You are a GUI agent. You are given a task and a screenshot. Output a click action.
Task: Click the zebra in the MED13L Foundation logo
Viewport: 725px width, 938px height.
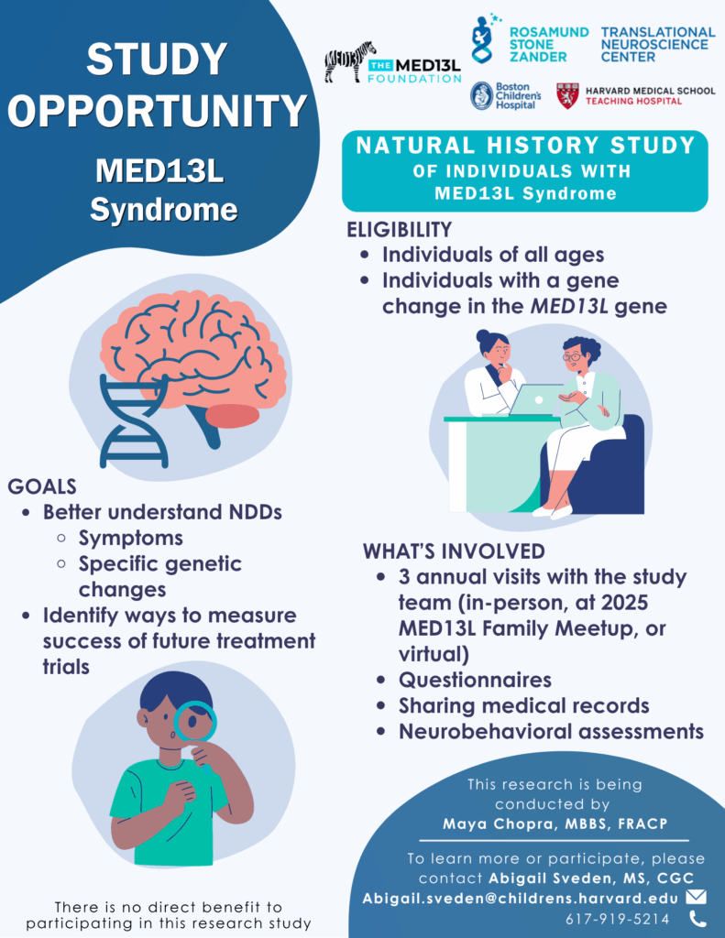point(349,61)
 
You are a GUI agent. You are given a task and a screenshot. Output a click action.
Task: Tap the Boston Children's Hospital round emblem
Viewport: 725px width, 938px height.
point(482,95)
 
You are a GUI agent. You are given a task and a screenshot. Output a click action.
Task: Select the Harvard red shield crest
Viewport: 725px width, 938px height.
point(567,95)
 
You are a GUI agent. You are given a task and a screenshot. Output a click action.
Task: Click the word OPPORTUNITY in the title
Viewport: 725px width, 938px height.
point(158,111)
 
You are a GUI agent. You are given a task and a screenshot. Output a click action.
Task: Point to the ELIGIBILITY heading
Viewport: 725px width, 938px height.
point(400,230)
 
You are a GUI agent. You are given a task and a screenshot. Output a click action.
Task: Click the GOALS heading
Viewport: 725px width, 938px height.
point(42,486)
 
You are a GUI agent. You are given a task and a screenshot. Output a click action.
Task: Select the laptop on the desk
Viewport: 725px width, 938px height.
point(536,399)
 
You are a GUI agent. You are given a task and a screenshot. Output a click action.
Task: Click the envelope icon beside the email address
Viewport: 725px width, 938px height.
point(696,897)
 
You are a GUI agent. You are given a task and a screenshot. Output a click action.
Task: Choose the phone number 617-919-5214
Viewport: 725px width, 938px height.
point(617,919)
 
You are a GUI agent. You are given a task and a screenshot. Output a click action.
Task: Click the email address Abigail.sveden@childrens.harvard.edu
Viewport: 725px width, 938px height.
point(521,899)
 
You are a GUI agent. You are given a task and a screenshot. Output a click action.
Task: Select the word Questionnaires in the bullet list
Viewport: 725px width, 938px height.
point(475,681)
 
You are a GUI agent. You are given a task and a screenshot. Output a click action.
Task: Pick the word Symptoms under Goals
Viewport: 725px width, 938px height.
point(130,539)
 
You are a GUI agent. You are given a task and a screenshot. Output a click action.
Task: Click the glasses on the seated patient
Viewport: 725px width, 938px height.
point(571,357)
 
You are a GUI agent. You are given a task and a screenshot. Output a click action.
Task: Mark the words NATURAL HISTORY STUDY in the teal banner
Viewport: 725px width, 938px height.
point(525,146)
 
